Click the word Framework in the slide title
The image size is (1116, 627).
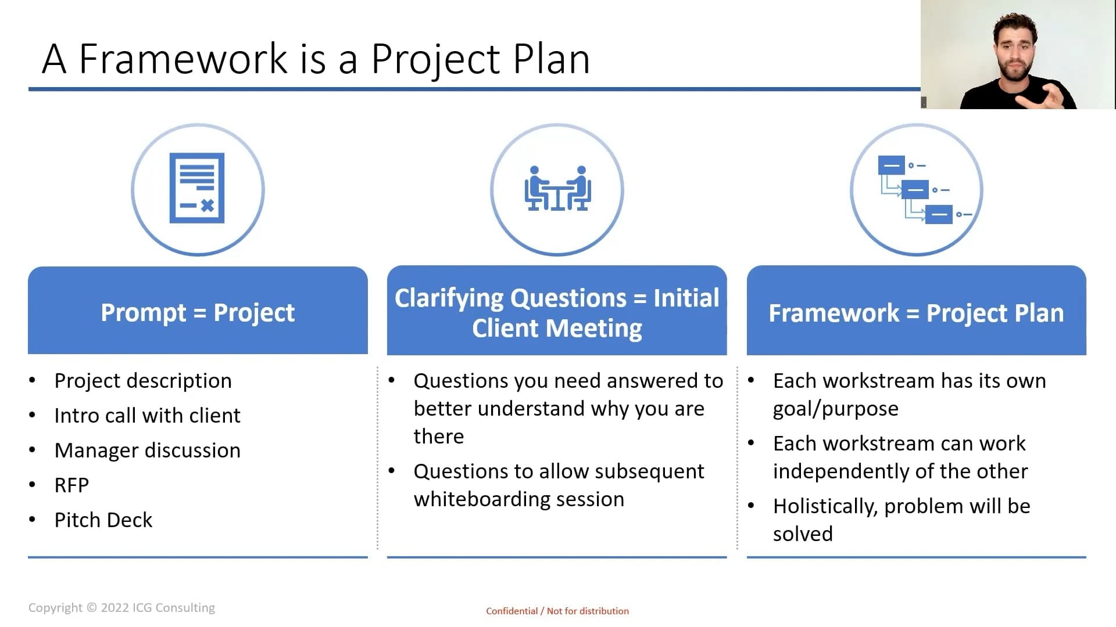click(x=183, y=59)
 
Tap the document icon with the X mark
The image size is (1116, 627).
click(x=197, y=188)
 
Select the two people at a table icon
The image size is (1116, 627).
click(x=557, y=188)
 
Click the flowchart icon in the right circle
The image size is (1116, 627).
click(x=924, y=189)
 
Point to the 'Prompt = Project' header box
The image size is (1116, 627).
click(x=198, y=311)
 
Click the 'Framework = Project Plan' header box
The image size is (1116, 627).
click(x=916, y=311)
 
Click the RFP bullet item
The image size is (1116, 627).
click(x=71, y=485)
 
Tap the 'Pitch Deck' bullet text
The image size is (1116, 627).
click(x=103, y=520)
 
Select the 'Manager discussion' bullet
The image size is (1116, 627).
click(x=148, y=451)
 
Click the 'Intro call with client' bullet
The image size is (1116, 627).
click(x=148, y=416)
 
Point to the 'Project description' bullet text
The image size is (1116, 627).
click(x=143, y=381)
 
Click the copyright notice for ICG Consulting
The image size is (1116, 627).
click(x=121, y=608)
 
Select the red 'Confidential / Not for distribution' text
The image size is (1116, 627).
click(x=557, y=611)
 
